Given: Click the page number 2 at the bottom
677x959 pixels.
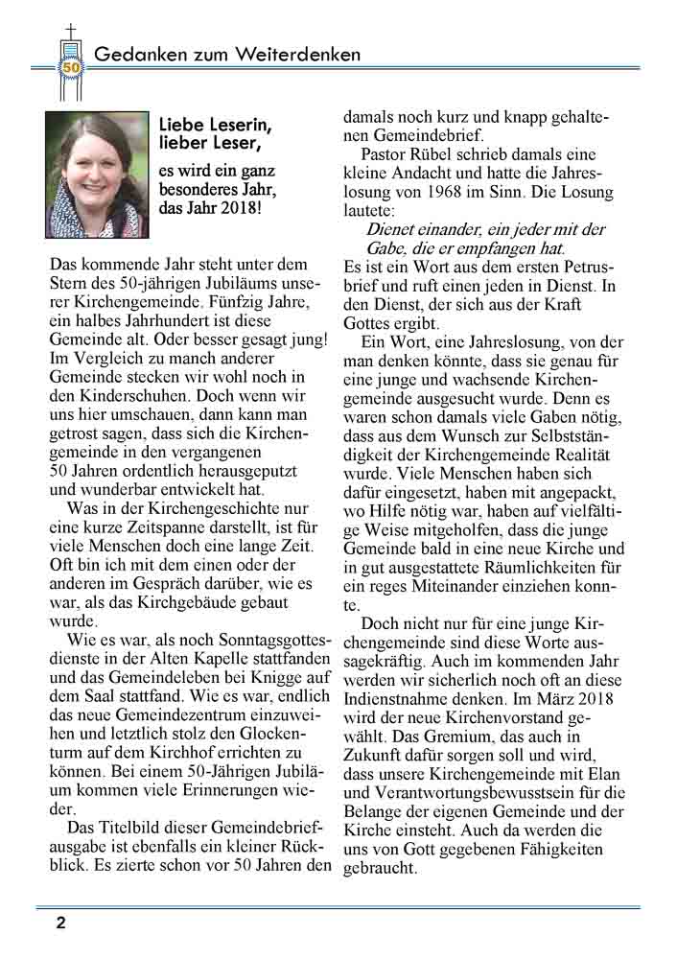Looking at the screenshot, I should pyautogui.click(x=60, y=924).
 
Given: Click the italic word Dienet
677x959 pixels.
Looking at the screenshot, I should pyautogui.click(x=392, y=229).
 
